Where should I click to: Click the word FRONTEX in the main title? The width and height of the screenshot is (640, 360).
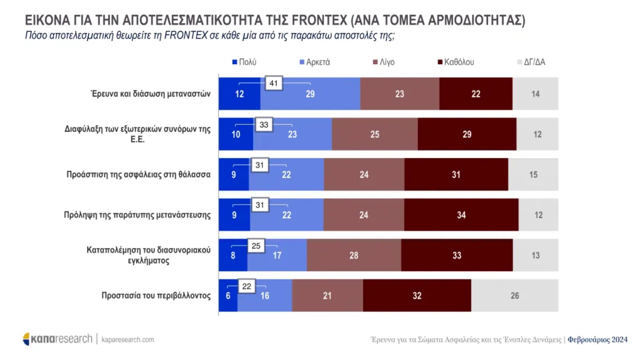tap(319, 20)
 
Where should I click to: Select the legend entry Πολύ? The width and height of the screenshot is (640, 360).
tap(244, 62)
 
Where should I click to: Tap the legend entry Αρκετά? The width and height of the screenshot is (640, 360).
tap(315, 62)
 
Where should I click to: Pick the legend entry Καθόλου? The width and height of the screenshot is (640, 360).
tap(456, 62)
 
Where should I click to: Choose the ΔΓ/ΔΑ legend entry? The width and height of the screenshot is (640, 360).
tap(531, 62)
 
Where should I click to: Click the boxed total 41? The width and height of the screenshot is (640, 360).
tap(274, 83)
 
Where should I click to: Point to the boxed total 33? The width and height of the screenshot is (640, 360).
tap(264, 125)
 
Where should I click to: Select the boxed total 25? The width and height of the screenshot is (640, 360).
tap(256, 246)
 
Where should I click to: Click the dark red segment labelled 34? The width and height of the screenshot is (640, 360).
tap(461, 215)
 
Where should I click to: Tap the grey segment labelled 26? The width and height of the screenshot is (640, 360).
tap(514, 295)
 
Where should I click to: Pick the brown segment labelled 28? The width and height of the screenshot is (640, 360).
tap(354, 255)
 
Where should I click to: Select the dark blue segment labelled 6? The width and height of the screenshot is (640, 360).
tap(228, 295)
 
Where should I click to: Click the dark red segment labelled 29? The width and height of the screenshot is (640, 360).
tap(467, 134)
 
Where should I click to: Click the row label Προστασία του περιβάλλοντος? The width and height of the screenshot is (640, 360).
tap(156, 295)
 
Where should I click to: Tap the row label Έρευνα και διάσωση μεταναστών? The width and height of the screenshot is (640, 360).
tap(151, 94)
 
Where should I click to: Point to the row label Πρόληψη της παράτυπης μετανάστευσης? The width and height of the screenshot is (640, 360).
tap(137, 215)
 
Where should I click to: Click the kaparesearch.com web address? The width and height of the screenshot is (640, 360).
tap(128, 340)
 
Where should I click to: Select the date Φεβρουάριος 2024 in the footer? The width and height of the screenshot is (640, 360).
tap(597, 340)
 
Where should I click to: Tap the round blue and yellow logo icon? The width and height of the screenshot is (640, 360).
tap(27, 339)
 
